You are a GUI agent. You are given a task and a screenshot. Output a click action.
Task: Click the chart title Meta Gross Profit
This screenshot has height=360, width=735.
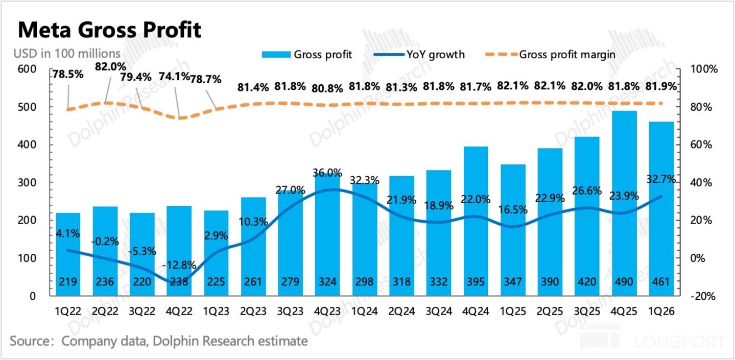coord(109,30)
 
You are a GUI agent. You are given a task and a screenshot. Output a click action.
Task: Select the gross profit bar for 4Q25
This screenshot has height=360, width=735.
coord(624,203)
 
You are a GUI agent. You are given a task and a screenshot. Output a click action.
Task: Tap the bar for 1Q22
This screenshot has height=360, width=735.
coord(68,254)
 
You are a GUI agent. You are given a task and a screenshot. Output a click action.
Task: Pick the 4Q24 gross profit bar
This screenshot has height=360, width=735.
coord(476,221)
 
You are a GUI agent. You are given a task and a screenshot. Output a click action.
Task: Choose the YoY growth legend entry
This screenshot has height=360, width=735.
coord(419,55)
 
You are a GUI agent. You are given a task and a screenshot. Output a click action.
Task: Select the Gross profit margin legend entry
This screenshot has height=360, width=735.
coord(550,55)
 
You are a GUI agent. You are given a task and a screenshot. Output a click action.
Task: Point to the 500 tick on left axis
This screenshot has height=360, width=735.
coord(27,107)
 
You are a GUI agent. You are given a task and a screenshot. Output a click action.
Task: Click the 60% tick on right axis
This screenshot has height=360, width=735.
coord(701,145)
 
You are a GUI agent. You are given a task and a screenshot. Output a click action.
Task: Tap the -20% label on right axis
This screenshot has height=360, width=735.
coord(703,296)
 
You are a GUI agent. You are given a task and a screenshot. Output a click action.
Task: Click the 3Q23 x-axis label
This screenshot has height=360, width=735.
coord(290,311)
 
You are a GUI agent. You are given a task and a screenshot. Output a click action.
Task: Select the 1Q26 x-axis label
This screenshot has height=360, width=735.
coord(661,311)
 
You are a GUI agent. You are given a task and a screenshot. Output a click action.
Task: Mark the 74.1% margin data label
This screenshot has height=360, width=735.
coord(174,77)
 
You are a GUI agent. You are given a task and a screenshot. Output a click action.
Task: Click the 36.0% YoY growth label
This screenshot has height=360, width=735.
coord(327,173)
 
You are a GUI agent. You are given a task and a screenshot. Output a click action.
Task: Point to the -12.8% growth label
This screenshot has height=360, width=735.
coord(179,265)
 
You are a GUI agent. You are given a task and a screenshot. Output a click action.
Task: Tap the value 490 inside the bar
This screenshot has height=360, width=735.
coord(624,281)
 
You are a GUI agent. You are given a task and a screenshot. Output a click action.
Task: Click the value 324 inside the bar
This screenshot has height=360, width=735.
coord(327,281)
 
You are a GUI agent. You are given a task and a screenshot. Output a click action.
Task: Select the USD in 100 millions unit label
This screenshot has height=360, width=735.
coord(67,54)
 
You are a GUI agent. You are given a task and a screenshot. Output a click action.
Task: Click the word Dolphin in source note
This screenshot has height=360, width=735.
coord(175,341)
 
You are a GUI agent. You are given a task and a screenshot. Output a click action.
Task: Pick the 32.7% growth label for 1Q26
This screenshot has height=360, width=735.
coord(661,179)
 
